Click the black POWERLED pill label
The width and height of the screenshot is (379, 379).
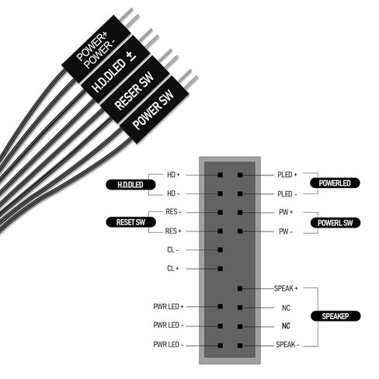tap(335, 183)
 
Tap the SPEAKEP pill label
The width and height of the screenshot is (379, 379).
tap(336, 316)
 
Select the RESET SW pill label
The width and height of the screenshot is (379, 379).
tap(130, 222)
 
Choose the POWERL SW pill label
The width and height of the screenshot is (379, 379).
tap(336, 223)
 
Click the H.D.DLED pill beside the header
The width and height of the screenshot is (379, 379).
tap(130, 185)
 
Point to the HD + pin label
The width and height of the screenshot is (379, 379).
tap(173, 175)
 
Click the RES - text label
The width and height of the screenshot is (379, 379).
tap(173, 212)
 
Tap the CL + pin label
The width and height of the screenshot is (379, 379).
tap(173, 269)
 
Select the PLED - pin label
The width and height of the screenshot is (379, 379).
tap(287, 194)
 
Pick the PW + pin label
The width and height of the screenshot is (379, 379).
tap(286, 212)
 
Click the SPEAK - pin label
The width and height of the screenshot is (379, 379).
tap(287, 345)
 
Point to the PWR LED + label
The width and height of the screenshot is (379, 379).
tap(169, 307)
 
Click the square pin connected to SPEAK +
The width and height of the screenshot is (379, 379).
tap(240, 288)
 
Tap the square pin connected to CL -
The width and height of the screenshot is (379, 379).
tap(221, 250)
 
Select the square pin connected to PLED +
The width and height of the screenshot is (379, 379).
tap(240, 175)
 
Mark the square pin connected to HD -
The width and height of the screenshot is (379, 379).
tap(221, 193)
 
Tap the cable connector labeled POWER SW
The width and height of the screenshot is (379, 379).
tap(155, 110)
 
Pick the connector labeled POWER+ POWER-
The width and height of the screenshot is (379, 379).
tap(96, 49)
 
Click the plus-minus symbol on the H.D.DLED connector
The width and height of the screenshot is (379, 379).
tap(130, 57)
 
